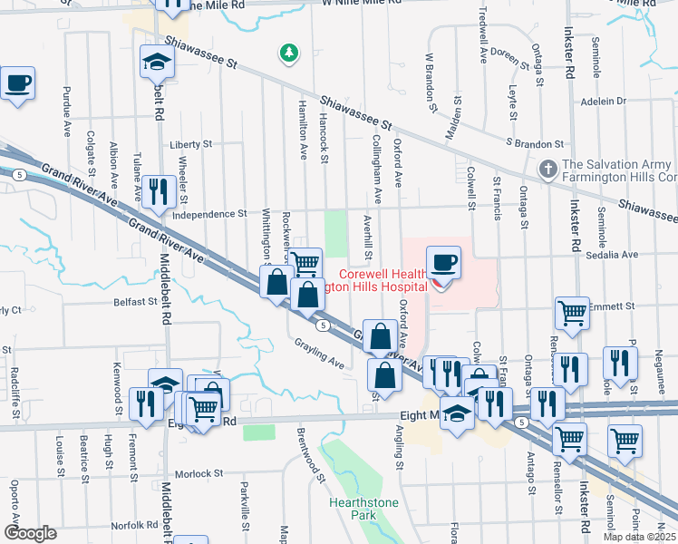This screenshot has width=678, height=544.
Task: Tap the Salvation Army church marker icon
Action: tap(547, 170)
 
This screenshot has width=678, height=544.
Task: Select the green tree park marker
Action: tap(289, 54)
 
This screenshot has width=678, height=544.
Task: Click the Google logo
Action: tap(31, 533)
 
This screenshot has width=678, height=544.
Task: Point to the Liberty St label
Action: tap(190, 144)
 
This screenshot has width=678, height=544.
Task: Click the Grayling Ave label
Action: tap(319, 353)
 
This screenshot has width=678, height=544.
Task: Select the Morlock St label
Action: tap(199, 473)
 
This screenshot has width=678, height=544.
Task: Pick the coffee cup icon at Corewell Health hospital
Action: tap(444, 264)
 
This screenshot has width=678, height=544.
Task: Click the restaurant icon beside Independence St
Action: tap(159, 191)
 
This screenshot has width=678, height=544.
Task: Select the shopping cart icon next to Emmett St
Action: tap(572, 313)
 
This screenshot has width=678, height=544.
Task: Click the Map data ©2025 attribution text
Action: tap(639, 537)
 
